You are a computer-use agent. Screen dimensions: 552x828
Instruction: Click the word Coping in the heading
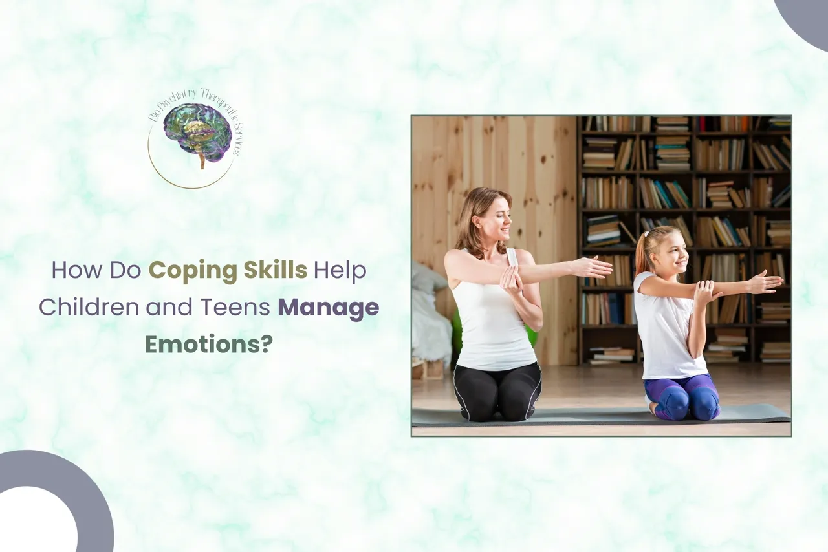pyautogui.click(x=185, y=270)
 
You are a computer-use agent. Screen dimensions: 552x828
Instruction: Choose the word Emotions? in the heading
pyautogui.click(x=208, y=344)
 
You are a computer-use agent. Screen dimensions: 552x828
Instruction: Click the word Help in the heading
pyautogui.click(x=340, y=270)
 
